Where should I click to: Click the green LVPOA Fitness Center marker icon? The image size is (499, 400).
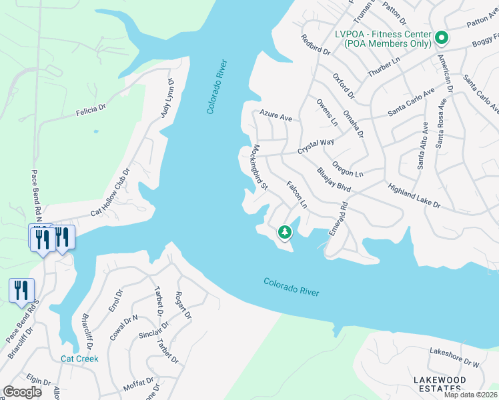pyautogui.click(x=441, y=38)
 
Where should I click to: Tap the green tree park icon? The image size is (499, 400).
pyautogui.click(x=285, y=232)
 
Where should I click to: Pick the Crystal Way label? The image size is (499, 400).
pyautogui.click(x=316, y=147)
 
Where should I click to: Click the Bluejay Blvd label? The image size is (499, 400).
pyautogui.click(x=334, y=180)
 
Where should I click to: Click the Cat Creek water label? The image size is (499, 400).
pyautogui.click(x=79, y=359)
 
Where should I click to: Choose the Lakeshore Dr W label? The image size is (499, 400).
pyautogui.click(x=455, y=357)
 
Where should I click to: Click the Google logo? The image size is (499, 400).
pyautogui.click(x=22, y=392)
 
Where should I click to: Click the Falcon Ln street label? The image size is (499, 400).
pyautogui.click(x=296, y=194)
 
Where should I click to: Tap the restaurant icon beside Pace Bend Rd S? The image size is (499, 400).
pyautogui.click(x=21, y=290)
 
